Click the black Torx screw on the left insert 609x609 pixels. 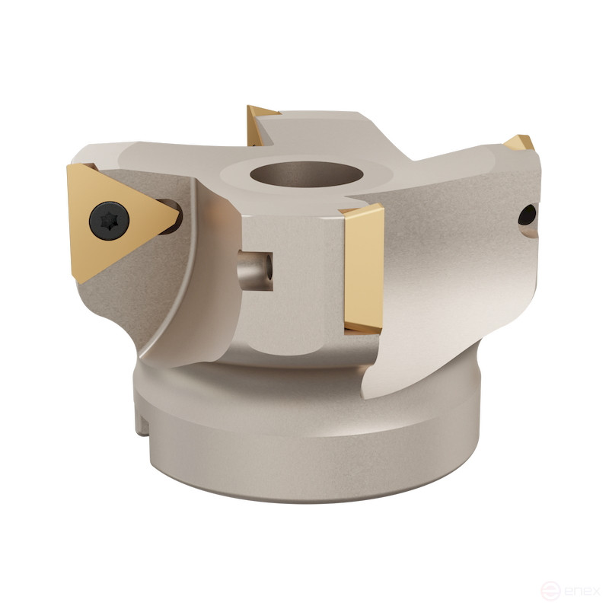[109, 221]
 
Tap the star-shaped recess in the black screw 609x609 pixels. [109, 221]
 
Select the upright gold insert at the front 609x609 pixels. [363, 266]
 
